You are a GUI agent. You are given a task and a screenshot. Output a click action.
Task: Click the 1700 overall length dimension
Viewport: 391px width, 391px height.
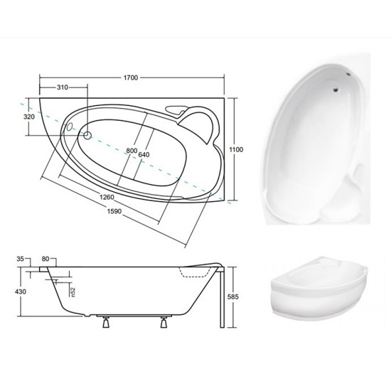[x=131, y=77]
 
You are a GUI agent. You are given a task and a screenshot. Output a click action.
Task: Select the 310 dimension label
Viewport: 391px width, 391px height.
[x=63, y=87]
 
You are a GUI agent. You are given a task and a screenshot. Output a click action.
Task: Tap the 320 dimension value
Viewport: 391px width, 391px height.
[x=29, y=117]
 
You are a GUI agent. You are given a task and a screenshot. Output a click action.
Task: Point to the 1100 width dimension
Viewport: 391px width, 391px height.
[x=236, y=149]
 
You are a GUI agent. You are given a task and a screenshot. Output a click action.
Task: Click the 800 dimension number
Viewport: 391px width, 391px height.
[x=132, y=151]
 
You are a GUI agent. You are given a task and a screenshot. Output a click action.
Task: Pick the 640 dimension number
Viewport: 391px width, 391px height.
[x=144, y=154]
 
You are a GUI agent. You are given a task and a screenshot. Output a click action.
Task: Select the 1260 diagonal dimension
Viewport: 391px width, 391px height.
[x=107, y=197]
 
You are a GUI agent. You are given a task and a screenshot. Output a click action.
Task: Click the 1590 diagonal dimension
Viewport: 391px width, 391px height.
[x=114, y=211]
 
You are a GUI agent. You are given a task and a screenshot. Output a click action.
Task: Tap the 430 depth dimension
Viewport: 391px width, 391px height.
[x=21, y=291]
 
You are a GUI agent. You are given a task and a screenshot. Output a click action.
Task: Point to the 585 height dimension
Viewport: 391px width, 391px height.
[x=233, y=296]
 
